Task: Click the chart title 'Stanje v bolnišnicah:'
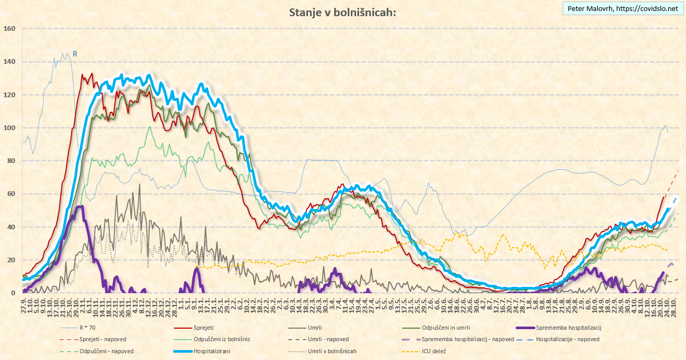click(342, 13)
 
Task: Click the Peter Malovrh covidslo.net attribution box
click(623, 9)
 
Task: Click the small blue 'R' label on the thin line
click(75, 54)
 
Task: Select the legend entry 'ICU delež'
click(434, 351)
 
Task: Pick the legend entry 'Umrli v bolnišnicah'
click(332, 351)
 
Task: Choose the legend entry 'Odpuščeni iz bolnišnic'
click(222, 340)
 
